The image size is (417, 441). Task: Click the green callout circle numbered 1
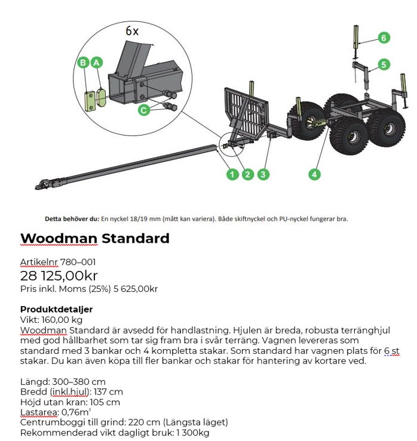coord(232,174)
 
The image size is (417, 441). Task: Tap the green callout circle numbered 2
coord(247,174)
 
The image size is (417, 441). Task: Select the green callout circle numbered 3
coord(263,174)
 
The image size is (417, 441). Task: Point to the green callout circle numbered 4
coord(314,174)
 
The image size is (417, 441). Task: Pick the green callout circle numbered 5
coord(384,64)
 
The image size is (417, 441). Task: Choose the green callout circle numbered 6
coord(384,38)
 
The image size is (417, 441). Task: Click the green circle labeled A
coord(96,63)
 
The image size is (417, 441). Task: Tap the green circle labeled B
coord(83,63)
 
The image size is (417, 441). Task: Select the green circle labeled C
coord(143,110)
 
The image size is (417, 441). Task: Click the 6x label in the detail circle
coord(132,31)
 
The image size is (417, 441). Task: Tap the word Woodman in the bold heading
coord(59,239)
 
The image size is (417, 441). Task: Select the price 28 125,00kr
coord(59,276)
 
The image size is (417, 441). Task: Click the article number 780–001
coord(78,262)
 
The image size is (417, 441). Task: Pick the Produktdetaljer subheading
coord(56,309)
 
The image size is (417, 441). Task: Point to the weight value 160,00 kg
coord(62,320)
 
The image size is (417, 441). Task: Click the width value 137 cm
coord(108,392)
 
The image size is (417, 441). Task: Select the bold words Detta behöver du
coord(72,219)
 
